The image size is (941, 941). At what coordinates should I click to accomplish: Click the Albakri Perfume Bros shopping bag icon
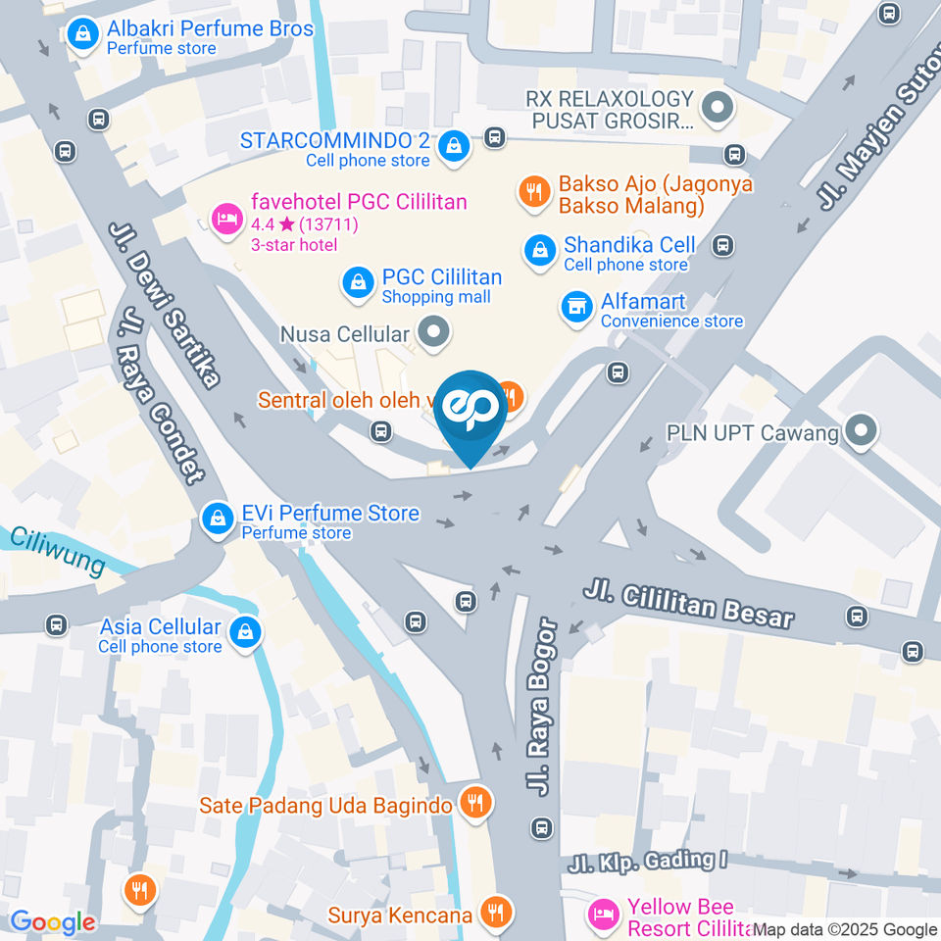coord(85,35)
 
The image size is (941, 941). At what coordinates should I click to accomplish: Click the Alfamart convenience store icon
coord(576,307)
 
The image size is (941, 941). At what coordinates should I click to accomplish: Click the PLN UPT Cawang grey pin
coord(861,431)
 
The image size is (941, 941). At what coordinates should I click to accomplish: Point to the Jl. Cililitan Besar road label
coord(688,602)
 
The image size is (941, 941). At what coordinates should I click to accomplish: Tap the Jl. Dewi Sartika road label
coord(164,304)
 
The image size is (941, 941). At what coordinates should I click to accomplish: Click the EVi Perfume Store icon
coord(217,520)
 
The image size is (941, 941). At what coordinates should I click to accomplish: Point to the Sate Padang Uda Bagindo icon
coord(475,804)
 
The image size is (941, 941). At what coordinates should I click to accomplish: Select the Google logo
coord(52,921)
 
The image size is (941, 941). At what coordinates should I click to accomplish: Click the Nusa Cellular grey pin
coord(432,333)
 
